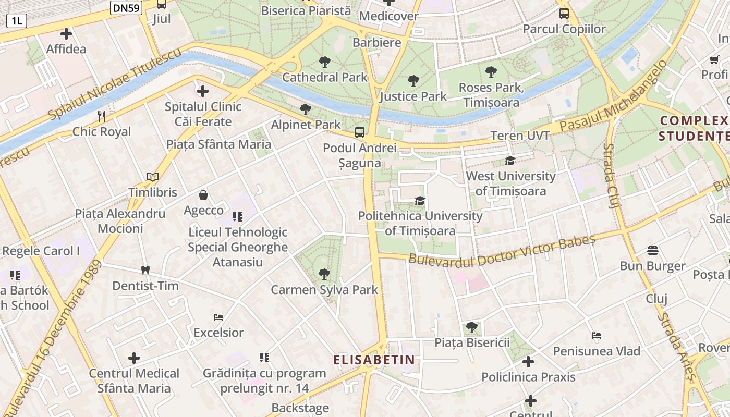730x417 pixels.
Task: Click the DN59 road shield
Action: click(126, 7)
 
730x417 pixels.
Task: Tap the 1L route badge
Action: click(16, 21)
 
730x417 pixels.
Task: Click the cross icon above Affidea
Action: click(66, 34)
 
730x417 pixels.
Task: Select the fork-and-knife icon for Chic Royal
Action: click(102, 116)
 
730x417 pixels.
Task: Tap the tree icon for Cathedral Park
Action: click(325, 62)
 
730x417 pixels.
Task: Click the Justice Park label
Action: click(413, 96)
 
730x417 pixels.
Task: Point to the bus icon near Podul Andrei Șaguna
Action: click(360, 132)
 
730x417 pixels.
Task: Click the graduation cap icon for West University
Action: click(510, 161)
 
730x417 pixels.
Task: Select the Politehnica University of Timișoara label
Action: click(420, 223)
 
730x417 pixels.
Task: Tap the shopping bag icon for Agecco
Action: click(203, 195)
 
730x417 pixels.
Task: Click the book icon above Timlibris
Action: click(153, 177)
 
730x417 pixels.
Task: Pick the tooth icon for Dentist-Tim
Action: click(145, 270)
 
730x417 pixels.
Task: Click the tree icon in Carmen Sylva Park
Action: click(324, 274)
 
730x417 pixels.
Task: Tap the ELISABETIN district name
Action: click(374, 360)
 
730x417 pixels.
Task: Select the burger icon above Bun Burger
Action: click(652, 251)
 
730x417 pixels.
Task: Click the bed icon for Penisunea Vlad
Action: click(597, 336)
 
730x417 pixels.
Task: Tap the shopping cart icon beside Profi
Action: click(714, 59)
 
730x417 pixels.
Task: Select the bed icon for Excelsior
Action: click(218, 317)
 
